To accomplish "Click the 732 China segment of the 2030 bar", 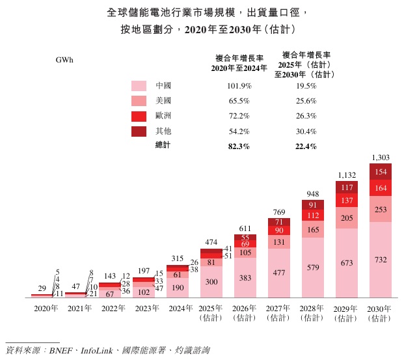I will [x=381, y=260].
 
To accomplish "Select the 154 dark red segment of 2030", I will [x=381, y=172].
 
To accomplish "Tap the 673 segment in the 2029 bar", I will [x=347, y=263].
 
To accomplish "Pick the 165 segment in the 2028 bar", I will [x=313, y=230].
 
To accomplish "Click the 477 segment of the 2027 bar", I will [x=279, y=273].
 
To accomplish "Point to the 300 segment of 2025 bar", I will [x=211, y=282].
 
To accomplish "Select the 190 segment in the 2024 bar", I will [x=178, y=287].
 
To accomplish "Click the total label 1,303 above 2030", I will [x=381, y=157].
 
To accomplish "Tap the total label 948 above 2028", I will [x=313, y=193].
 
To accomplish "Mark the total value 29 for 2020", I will [x=42, y=288].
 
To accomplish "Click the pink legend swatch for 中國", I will [x=139, y=86].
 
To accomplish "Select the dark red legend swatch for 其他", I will [x=139, y=132].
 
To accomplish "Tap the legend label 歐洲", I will [x=163, y=116].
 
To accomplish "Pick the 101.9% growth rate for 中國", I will [x=239, y=86].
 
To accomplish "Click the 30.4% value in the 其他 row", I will [x=306, y=132].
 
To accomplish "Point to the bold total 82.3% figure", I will [x=239, y=146].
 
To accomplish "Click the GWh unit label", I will [x=64, y=60].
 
